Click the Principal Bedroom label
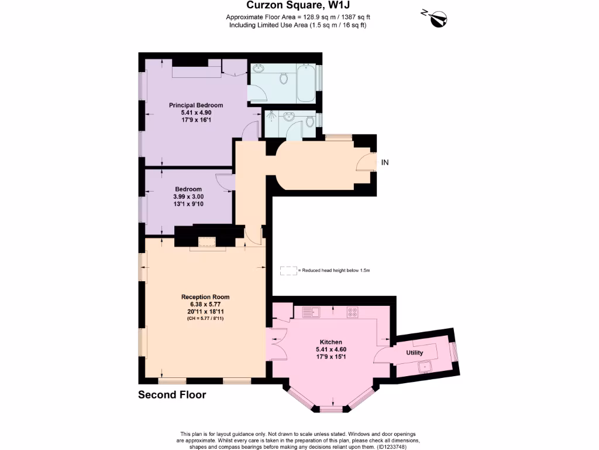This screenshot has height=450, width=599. point(196,105)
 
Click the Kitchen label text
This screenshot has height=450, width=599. point(331,342)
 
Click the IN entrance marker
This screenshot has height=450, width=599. point(385,162)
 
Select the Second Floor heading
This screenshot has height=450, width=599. point(172,395)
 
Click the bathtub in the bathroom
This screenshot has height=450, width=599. point(306,84)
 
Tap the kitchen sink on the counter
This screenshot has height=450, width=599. point(312,312)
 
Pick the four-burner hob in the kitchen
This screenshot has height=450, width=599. point(353,312)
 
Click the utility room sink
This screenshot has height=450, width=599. point(425,367)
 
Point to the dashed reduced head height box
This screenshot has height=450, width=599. point(288,271)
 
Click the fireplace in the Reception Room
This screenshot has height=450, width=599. point(206,243)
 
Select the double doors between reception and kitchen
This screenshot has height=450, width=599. point(276,344)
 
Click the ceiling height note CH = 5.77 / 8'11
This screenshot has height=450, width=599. point(205,319)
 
